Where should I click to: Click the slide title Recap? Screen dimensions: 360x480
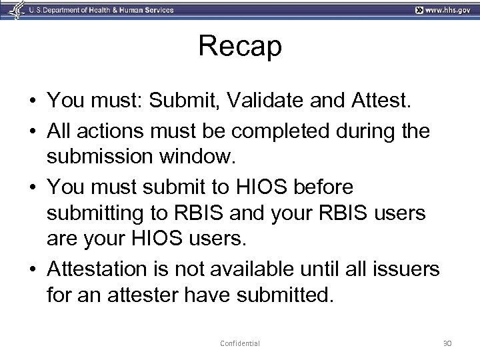tap(240, 47)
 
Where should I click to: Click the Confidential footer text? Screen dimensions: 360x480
tap(240, 343)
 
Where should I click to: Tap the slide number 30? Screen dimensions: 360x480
tap(447, 343)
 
